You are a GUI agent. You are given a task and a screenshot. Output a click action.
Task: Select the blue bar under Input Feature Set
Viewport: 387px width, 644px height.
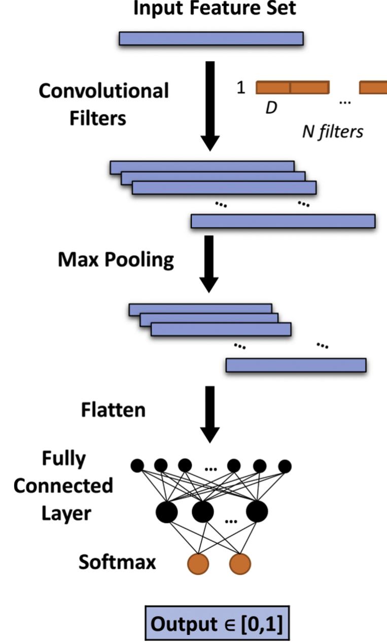point(211,39)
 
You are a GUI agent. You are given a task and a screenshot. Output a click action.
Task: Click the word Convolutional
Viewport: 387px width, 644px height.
point(103,91)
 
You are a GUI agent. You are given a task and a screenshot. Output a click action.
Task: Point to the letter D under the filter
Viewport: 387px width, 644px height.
point(271,109)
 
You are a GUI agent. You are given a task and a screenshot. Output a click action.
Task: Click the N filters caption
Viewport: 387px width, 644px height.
point(330,132)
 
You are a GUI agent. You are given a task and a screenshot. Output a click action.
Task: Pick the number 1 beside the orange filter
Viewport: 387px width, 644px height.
point(241,87)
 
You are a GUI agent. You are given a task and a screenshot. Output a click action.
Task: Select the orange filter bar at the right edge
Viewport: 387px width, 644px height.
point(373,87)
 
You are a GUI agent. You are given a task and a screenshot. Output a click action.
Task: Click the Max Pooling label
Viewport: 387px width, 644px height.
point(116,260)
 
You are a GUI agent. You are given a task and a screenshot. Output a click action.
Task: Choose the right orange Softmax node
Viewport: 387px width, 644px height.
point(240,563)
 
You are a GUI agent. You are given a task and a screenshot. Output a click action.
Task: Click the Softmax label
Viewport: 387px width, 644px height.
point(117,562)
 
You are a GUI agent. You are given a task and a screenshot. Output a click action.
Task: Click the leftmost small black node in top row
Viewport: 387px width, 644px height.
point(137,465)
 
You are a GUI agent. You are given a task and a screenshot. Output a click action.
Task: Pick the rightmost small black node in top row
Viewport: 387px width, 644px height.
point(285,465)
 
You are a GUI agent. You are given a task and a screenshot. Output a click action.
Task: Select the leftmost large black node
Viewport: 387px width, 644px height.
point(167,512)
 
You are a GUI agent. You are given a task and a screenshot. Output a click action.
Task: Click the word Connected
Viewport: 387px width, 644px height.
point(63,486)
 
